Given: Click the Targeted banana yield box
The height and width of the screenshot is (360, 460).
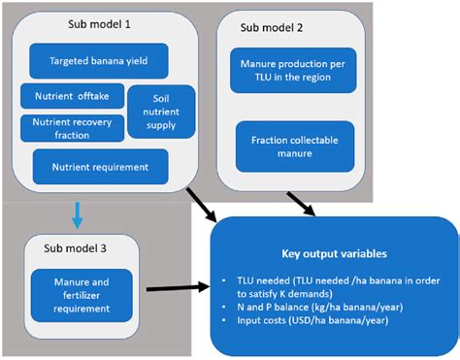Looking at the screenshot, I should pyautogui.click(x=99, y=60).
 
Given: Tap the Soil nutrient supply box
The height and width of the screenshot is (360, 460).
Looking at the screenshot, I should pyautogui.click(x=160, y=112).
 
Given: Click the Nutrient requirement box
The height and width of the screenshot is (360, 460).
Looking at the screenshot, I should pyautogui.click(x=100, y=166).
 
